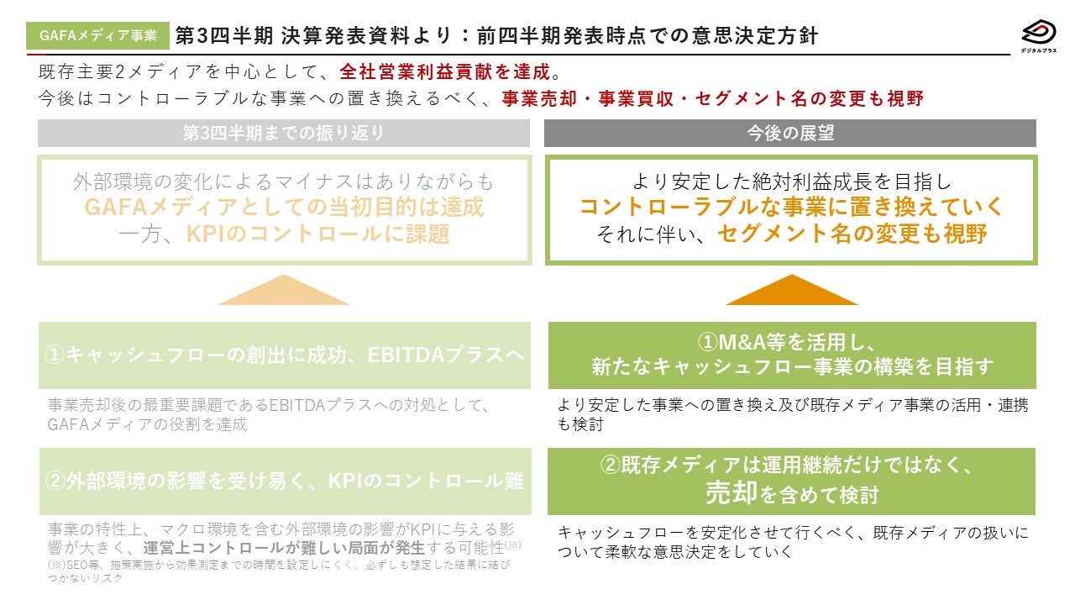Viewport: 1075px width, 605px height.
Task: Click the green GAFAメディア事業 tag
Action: [98, 35]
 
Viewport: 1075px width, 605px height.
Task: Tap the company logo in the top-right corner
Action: [1038, 35]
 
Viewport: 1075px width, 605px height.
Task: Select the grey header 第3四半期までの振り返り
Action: [284, 134]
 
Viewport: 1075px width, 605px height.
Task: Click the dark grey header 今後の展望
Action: [790, 134]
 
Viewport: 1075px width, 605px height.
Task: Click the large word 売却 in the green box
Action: [732, 493]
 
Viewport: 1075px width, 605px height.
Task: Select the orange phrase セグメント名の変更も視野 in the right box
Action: [852, 233]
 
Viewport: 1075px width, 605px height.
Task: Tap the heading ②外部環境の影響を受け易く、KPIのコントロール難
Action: [285, 481]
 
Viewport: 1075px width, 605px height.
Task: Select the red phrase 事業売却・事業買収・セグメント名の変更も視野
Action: [712, 98]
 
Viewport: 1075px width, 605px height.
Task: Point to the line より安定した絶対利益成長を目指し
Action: [791, 181]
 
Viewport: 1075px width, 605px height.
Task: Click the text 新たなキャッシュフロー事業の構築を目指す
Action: [791, 367]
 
